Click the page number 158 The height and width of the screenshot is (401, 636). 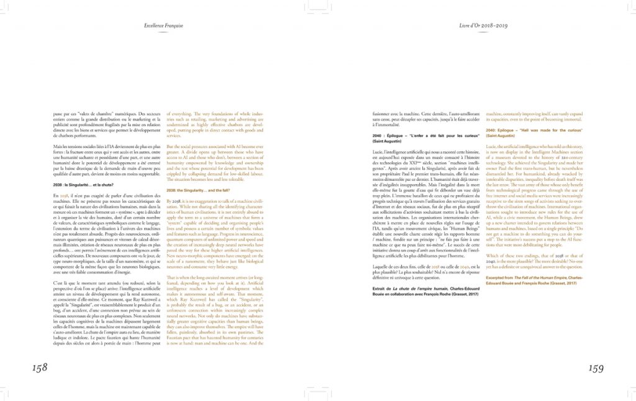pyautogui.click(x=40, y=367)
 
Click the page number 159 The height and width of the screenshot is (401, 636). pyautogui.click(x=595, y=368)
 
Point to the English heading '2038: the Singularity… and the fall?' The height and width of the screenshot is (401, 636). pyautogui.click(x=199, y=190)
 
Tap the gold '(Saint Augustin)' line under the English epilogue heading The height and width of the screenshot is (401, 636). pyautogui.click(x=504, y=135)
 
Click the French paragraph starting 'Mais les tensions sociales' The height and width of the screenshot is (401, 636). pyautogui.click(x=102, y=160)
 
